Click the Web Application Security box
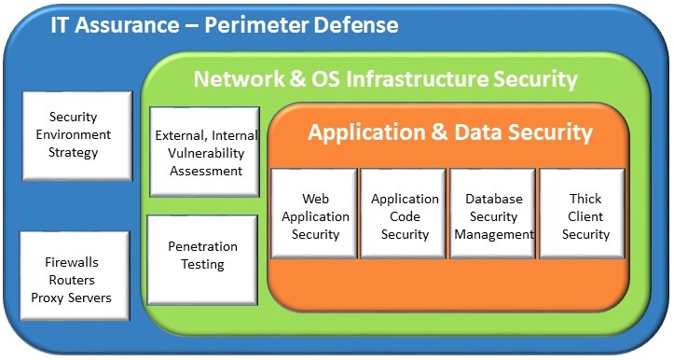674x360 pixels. [315, 216]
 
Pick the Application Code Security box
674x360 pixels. [405, 216]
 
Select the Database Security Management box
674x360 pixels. [493, 216]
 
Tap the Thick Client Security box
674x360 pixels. [585, 216]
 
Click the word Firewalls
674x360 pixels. [72, 263]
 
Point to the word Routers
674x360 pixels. [72, 280]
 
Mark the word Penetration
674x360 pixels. [202, 247]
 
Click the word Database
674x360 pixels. [493, 199]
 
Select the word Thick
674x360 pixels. [585, 199]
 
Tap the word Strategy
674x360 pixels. [72, 152]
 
